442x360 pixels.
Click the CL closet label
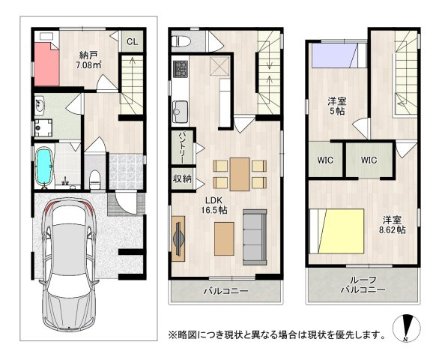132,42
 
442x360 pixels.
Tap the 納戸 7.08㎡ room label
88,60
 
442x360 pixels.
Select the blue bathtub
44,168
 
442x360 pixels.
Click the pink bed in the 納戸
46,64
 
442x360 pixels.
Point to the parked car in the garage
69,264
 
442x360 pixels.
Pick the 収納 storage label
182,178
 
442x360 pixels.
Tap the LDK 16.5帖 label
214,205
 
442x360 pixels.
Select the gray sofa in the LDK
255,237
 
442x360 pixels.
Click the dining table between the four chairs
240,174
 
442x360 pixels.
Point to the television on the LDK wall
178,238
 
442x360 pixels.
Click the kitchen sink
180,112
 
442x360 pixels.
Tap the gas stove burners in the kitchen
180,69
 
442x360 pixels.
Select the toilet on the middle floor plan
181,42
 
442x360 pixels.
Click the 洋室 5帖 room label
337,106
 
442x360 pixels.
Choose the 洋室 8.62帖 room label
393,225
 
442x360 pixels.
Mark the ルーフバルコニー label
363,285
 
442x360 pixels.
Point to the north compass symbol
407,328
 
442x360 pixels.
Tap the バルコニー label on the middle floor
226,290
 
